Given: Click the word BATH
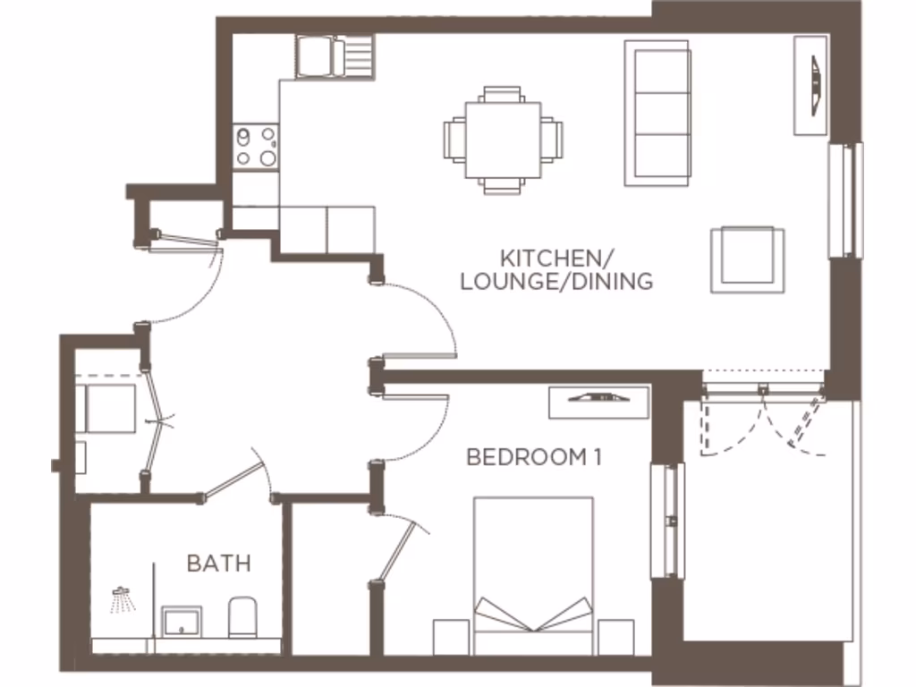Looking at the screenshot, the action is coord(218,564).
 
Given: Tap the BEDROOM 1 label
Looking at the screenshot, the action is coord(533,457).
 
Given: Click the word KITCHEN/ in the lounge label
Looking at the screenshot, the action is coord(556,259).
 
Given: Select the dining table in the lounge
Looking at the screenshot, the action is coord(503,140).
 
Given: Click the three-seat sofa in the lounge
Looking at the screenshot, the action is coord(658,113).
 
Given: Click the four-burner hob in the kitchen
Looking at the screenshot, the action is coord(255,147).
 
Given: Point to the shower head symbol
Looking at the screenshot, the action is coord(121,598).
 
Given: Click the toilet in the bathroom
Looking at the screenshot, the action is coord(242,617).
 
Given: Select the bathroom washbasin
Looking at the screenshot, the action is coord(182,620).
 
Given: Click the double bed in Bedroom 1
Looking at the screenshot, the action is coord(533,572).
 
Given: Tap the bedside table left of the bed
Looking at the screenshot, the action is coord(452,636).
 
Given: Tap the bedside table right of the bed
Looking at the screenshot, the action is coord(615,636).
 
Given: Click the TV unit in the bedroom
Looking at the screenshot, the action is coord(598,401).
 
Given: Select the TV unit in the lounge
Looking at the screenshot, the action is coord(810,85).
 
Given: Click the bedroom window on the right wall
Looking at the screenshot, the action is coord(666,520).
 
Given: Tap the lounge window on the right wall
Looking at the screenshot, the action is coord(844,199).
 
